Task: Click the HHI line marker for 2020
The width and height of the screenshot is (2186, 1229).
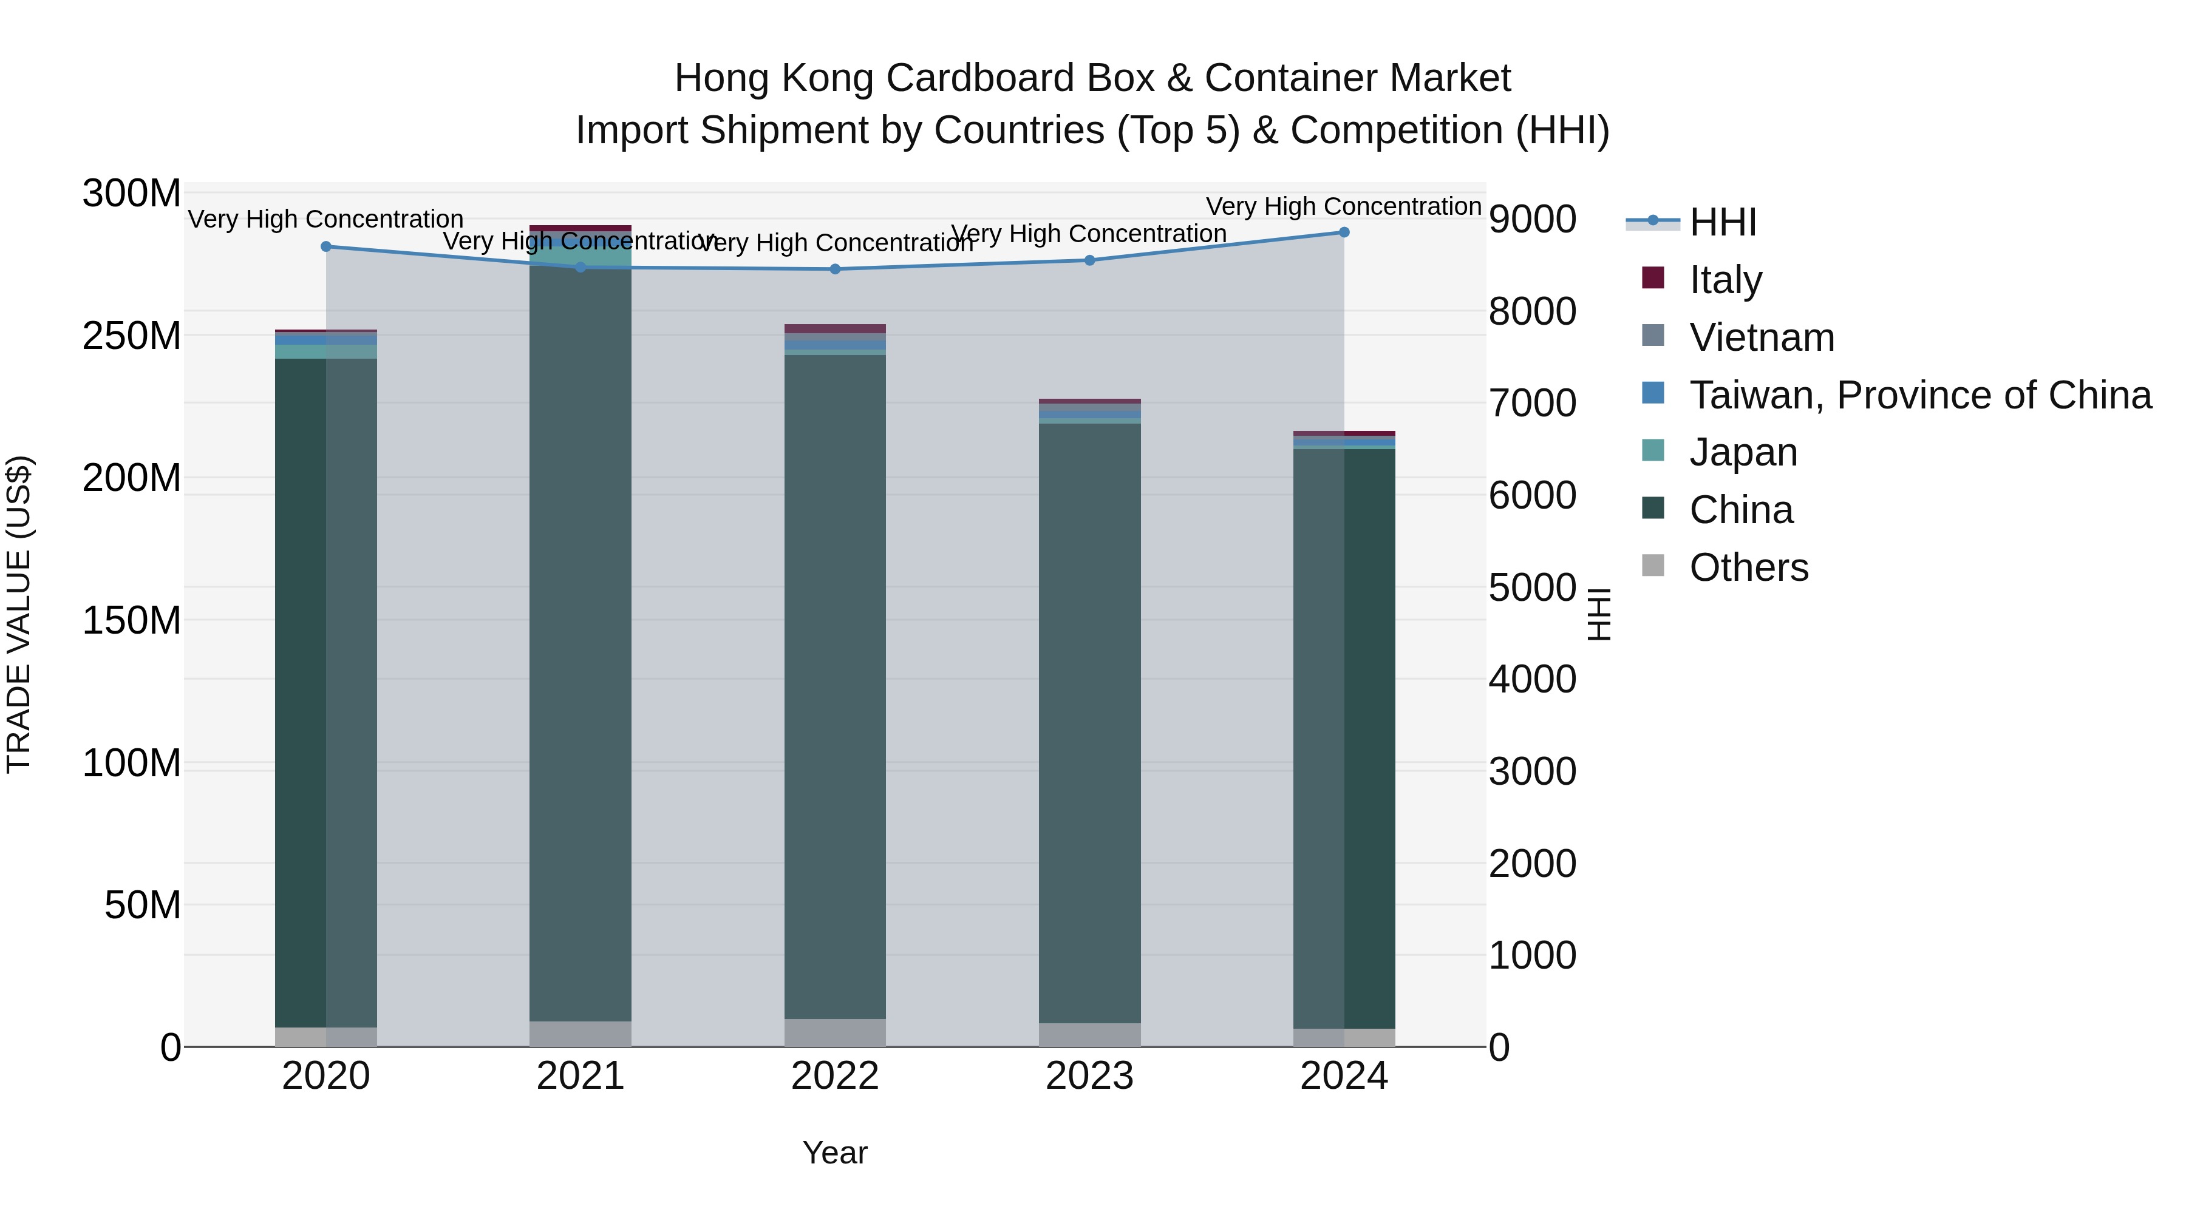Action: click(326, 247)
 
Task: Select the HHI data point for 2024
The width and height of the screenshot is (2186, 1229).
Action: click(1344, 232)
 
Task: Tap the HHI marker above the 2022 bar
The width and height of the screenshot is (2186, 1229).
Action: click(835, 269)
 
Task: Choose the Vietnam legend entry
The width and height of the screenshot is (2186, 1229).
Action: click(1761, 337)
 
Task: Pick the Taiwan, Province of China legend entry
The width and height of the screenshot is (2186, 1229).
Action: click(1919, 395)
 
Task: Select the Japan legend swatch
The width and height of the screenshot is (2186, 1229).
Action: click(1653, 451)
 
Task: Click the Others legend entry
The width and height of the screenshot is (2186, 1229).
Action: click(1748, 567)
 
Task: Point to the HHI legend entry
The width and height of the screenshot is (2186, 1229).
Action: click(1722, 222)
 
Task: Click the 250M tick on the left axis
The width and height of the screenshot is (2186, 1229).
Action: click(132, 336)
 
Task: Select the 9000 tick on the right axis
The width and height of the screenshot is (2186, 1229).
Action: click(1533, 220)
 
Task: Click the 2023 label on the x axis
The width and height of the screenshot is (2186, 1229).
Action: click(1089, 1076)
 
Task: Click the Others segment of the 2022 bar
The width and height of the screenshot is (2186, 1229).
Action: click(835, 1032)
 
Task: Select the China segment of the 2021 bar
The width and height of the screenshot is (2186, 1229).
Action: click(581, 645)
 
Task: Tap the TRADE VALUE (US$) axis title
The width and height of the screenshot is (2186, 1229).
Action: click(19, 614)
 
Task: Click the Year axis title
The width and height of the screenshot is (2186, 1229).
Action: click(835, 1153)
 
